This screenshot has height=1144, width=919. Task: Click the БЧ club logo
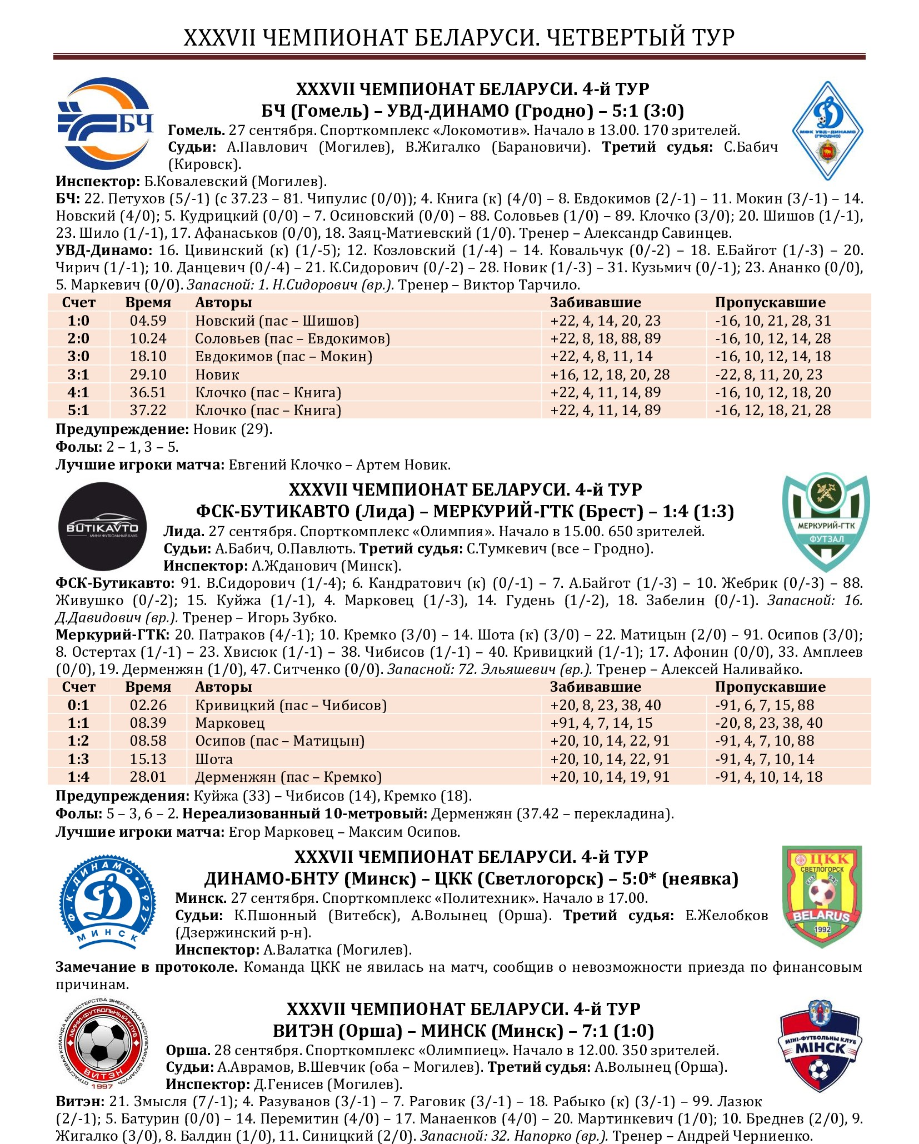[x=106, y=123]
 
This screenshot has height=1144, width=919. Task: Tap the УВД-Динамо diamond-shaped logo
[x=827, y=131]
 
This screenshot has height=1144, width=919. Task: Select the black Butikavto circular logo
[x=103, y=526]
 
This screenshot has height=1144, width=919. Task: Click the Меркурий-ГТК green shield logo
[x=826, y=522]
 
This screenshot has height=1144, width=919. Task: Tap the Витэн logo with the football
[x=103, y=1045]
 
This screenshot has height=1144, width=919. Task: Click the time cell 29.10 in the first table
[x=148, y=374]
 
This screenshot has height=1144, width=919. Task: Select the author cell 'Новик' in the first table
[x=217, y=374]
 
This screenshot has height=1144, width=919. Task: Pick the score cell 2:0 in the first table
[x=78, y=338]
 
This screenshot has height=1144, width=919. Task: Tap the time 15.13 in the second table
[x=148, y=759]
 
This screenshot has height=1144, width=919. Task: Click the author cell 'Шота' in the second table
[x=214, y=759]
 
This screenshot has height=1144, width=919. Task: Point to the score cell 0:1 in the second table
[x=78, y=705]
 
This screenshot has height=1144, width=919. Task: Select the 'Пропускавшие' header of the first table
[x=770, y=302]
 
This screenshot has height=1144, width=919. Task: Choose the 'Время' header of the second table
[x=148, y=687]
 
